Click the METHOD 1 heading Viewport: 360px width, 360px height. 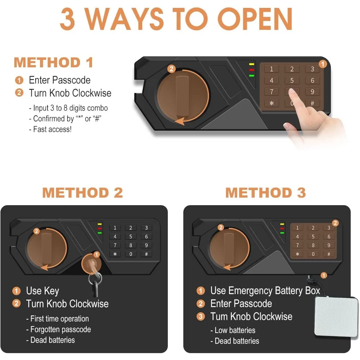click(53, 62)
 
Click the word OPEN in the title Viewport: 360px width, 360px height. click(255, 19)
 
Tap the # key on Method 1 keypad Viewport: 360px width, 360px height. click(312, 103)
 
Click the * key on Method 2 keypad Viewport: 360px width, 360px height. click(115, 254)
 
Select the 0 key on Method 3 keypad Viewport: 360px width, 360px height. click(313, 254)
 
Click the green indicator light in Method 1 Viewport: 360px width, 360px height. click(252, 76)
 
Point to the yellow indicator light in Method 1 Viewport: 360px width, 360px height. click(252, 64)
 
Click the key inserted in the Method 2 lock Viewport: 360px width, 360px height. click(94, 278)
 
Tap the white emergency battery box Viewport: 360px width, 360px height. click(336, 317)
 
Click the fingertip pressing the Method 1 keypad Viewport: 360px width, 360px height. click(292, 91)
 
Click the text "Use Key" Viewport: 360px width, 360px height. click(42, 291)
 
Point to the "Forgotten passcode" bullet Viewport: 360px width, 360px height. click(59, 329)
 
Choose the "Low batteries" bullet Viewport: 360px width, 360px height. click(233, 330)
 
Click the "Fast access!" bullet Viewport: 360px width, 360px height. click(50, 129)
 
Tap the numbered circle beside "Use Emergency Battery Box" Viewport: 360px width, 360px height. click(201, 291)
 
